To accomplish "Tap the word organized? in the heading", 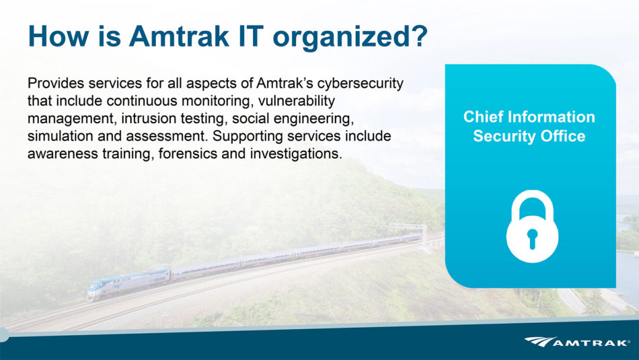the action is coord(350,37).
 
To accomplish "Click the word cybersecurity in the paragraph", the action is coord(361,83).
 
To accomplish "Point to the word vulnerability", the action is coord(296,101).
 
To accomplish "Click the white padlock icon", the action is coord(532,226).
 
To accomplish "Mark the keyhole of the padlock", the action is coord(532,238).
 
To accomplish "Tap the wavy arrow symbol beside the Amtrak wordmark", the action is coord(539,342).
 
